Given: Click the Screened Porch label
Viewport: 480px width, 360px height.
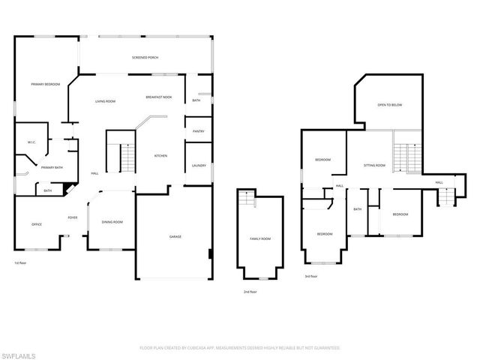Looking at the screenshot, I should [x=145, y=58].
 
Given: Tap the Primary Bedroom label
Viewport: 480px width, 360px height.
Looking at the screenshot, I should [x=45, y=84].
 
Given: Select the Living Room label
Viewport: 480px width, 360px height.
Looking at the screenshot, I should [x=105, y=100].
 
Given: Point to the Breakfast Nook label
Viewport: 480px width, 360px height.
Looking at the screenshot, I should [x=159, y=98].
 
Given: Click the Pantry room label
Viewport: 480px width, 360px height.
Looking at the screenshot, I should [x=199, y=131].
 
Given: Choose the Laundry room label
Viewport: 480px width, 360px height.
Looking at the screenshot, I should [x=199, y=166].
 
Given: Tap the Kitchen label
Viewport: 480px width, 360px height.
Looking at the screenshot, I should [x=160, y=156].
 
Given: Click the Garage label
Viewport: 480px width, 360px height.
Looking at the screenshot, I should [x=175, y=236].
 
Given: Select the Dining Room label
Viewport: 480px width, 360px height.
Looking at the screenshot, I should [x=112, y=222].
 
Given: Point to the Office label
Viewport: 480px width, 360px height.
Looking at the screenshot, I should [x=36, y=224].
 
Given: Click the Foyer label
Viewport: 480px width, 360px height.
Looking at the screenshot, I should [x=73, y=217].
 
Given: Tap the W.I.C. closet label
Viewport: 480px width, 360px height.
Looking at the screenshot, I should [x=32, y=142].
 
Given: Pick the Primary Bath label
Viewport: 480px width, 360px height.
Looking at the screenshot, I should [x=52, y=167].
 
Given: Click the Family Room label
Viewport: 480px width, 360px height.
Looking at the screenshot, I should [x=260, y=239].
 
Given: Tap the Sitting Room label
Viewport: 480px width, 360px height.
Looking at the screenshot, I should [x=374, y=165].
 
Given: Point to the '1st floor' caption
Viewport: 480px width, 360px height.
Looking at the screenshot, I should [x=20, y=263].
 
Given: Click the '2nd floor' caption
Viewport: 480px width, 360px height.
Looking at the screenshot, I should [x=250, y=291].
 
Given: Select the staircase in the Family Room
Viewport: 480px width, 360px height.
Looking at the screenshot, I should [x=245, y=200].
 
